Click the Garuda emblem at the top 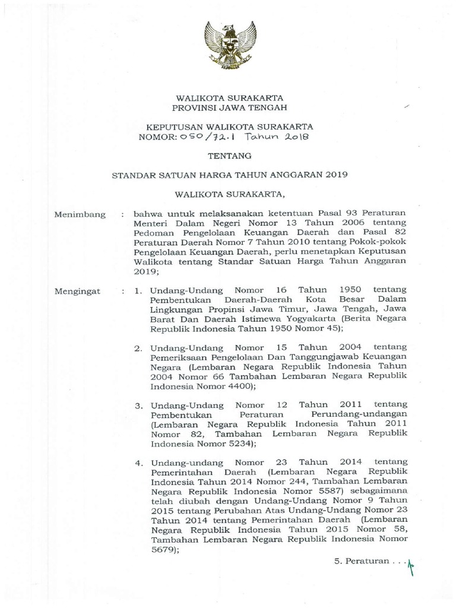(x=229, y=46)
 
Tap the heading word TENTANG (x=229, y=156)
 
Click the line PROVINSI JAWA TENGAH (x=229, y=107)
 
